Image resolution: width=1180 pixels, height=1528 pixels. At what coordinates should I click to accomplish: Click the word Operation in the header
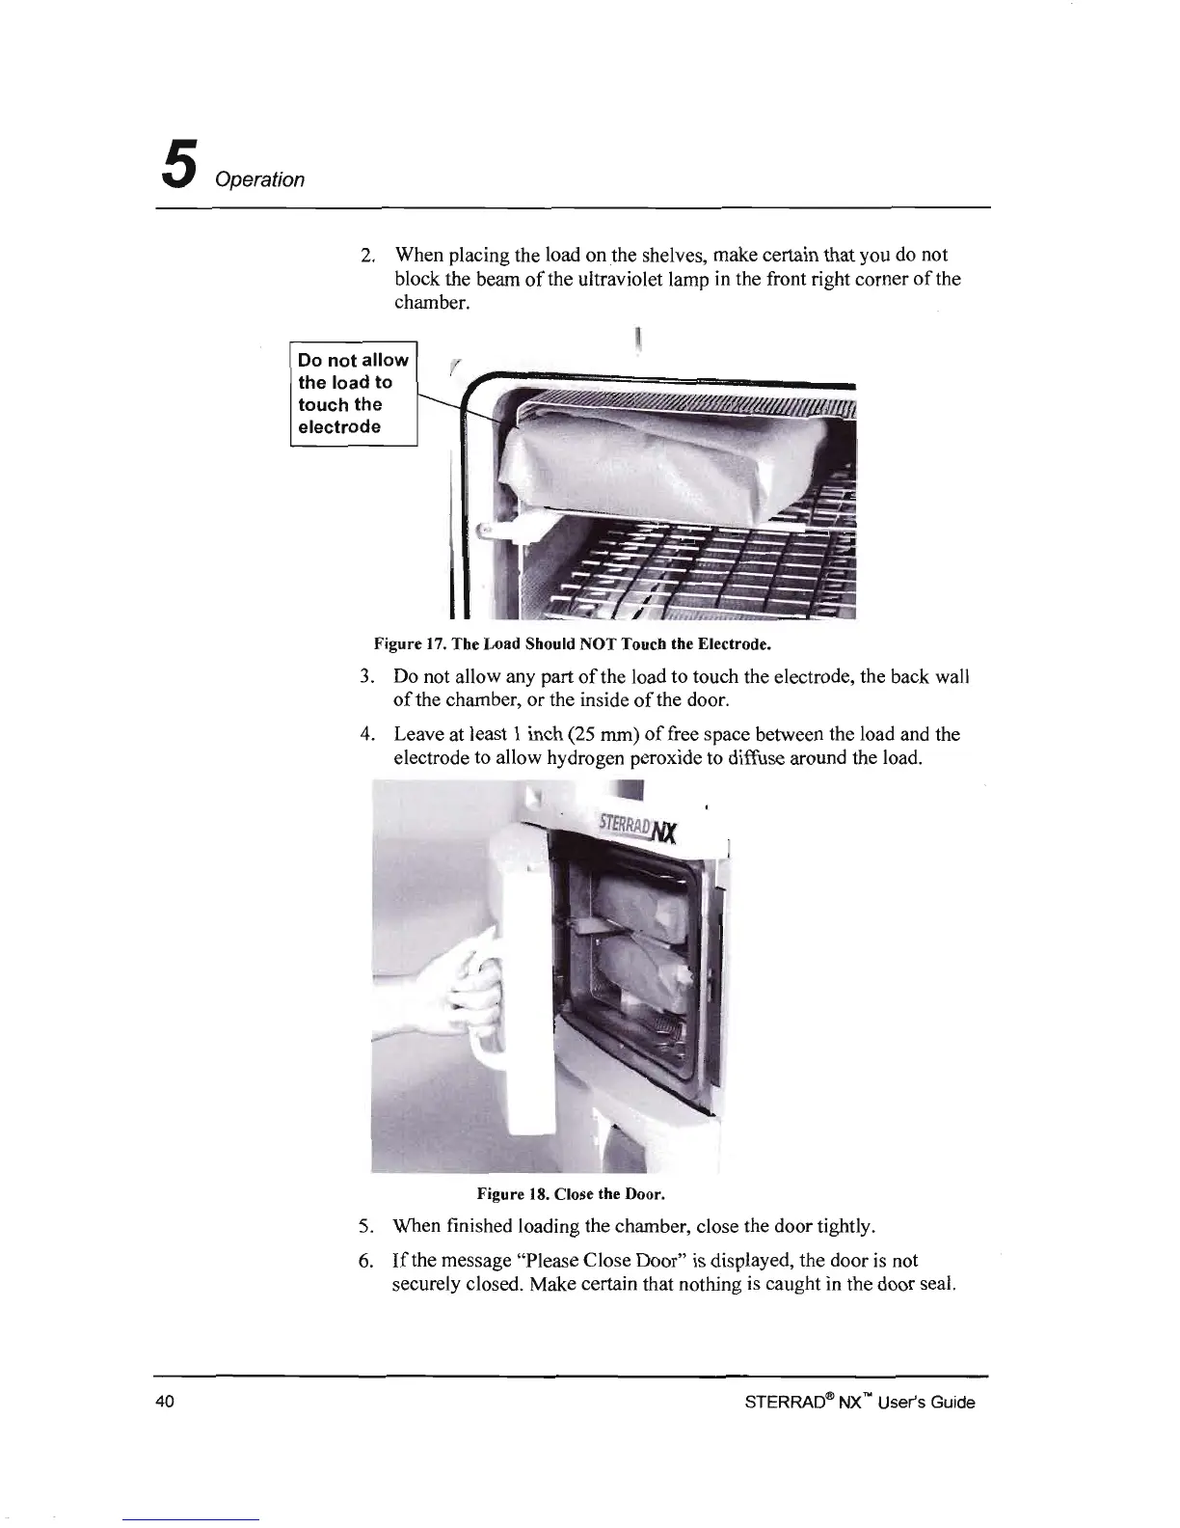[x=260, y=180]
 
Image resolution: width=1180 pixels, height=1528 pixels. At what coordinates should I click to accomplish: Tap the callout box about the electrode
[x=353, y=394]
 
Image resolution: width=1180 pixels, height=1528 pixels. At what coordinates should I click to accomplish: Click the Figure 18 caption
[x=571, y=1194]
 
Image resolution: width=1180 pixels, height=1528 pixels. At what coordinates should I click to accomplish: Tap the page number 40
[x=163, y=1403]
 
